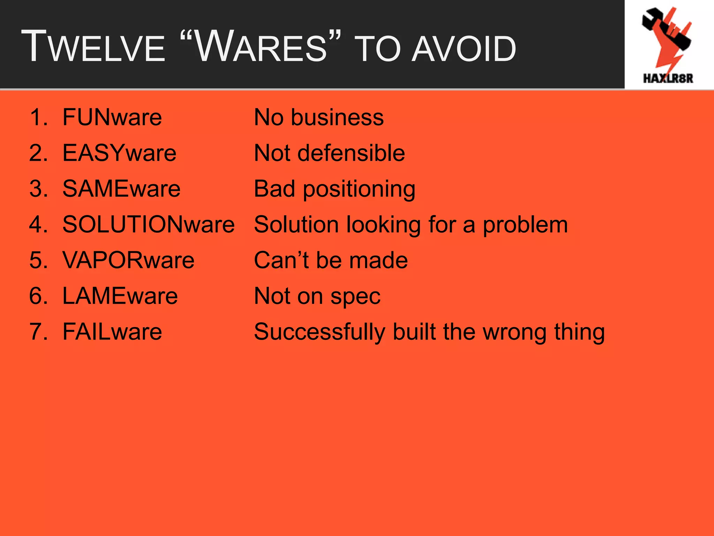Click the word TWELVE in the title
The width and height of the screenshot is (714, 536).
pos(93,47)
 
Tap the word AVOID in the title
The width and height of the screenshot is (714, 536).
pos(464,50)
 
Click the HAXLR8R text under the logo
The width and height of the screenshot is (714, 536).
pos(668,79)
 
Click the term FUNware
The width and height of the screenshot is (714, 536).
pos(112,117)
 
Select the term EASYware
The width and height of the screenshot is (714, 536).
pos(119,153)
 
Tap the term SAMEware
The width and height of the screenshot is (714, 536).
pos(121,189)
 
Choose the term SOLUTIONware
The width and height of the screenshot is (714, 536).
pos(148,224)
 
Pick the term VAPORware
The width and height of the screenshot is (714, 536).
pos(128,260)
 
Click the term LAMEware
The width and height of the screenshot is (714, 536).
pos(120,296)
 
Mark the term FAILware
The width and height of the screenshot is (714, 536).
pos(112,332)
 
